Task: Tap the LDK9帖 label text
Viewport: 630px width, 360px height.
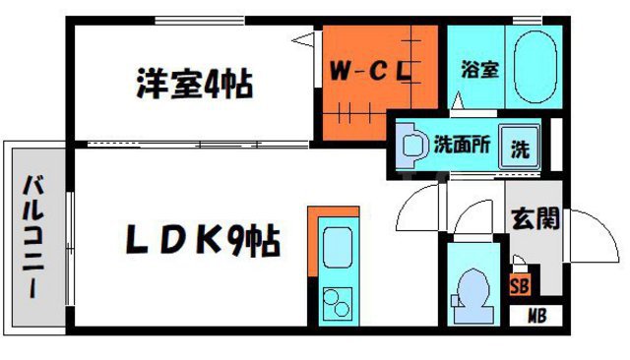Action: (x=201, y=239)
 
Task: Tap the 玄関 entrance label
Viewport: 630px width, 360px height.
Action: (x=535, y=216)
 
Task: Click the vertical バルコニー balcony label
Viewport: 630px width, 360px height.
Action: (x=35, y=237)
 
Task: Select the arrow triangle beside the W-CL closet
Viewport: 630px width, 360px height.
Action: (x=305, y=41)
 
